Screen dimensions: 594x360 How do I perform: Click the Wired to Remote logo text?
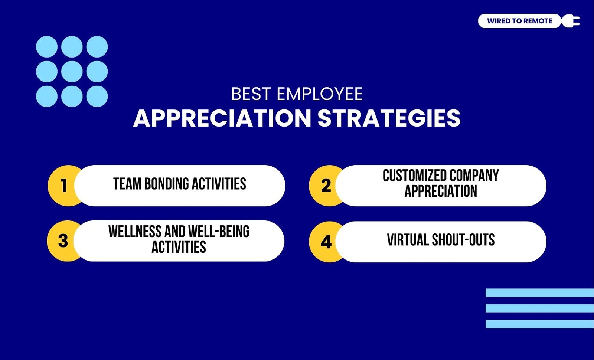tap(519, 21)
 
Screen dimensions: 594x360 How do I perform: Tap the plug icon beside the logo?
tap(571, 21)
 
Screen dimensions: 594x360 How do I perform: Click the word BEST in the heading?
tap(251, 94)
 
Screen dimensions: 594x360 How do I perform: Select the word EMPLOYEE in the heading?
tap(320, 94)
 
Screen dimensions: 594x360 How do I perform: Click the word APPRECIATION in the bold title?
tap(222, 118)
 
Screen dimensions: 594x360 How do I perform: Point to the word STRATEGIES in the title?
tap(389, 118)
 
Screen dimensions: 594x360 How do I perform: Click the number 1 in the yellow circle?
tap(64, 185)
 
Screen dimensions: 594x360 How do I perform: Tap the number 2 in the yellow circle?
tap(326, 185)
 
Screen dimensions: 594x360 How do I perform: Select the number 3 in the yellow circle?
tap(63, 241)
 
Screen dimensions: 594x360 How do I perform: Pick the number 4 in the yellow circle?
tap(326, 242)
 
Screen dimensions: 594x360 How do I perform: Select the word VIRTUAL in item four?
tap(408, 240)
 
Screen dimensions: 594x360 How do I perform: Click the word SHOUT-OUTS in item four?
tap(463, 240)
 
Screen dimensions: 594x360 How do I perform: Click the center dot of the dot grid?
tap(72, 72)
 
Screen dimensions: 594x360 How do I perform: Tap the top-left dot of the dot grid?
tap(47, 47)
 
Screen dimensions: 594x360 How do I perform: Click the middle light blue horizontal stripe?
tap(540, 308)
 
